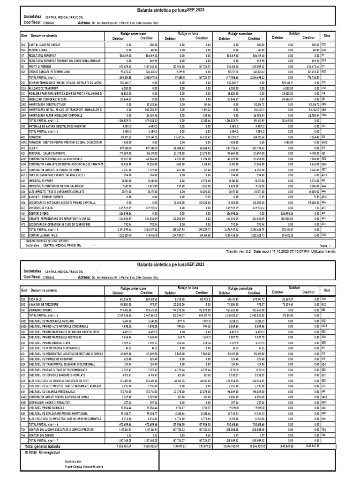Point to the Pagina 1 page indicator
pyautogui.click(x=326, y=245)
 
